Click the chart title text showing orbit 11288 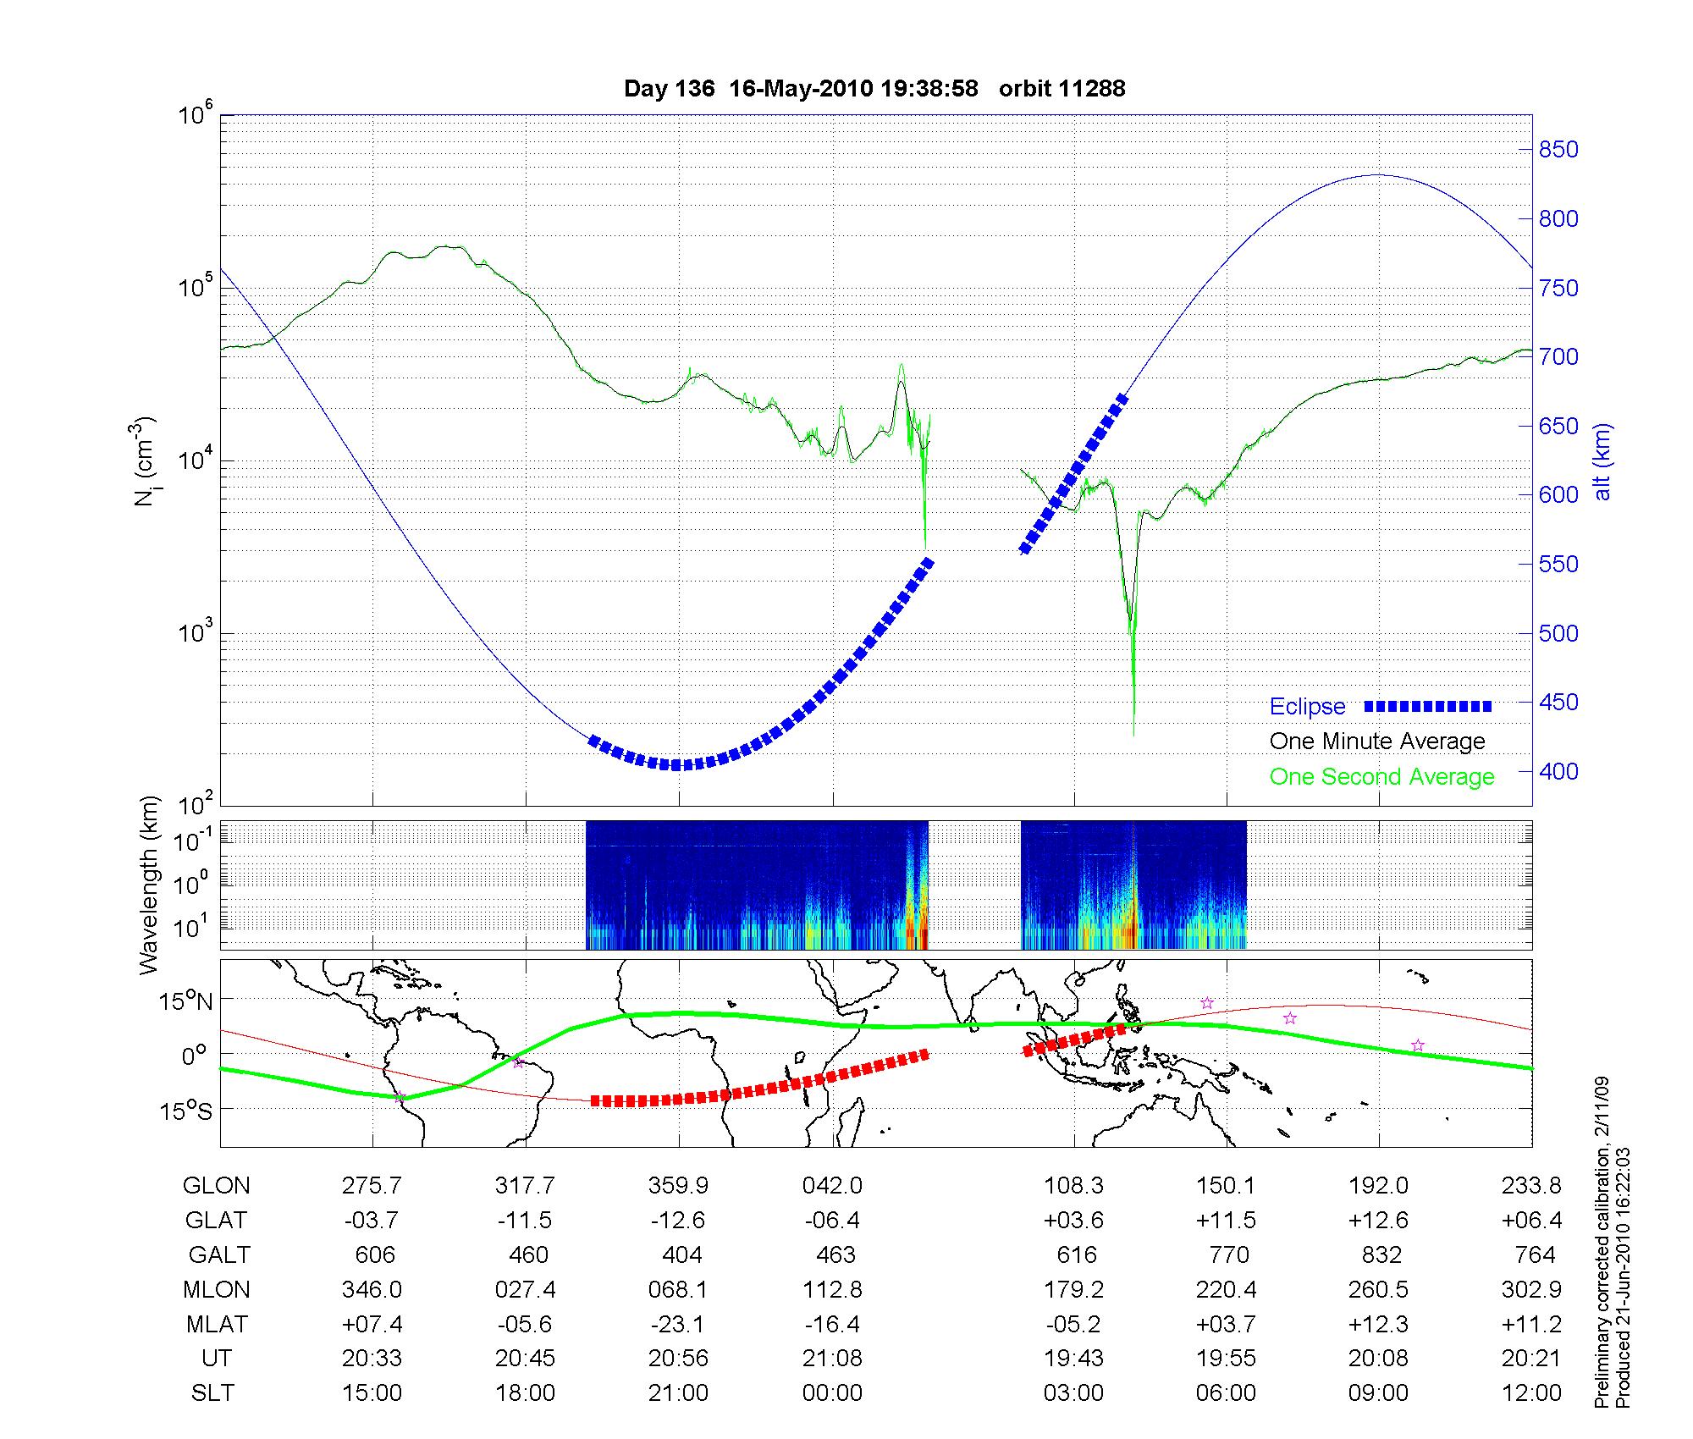pyautogui.click(x=874, y=89)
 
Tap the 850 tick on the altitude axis pyautogui.click(x=1558, y=150)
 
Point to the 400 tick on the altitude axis pyautogui.click(x=1558, y=772)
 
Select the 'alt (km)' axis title pyautogui.click(x=1602, y=461)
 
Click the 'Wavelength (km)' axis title pyautogui.click(x=150, y=885)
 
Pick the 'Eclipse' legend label pyautogui.click(x=1307, y=707)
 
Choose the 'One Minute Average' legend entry pyautogui.click(x=1377, y=742)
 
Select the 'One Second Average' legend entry pyautogui.click(x=1381, y=777)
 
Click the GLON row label pyautogui.click(x=217, y=1186)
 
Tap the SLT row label pyautogui.click(x=212, y=1393)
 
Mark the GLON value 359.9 pyautogui.click(x=678, y=1186)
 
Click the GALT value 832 pyautogui.click(x=1381, y=1254)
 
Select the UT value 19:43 pyautogui.click(x=1074, y=1359)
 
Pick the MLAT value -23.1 pyautogui.click(x=678, y=1324)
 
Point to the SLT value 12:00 pyautogui.click(x=1533, y=1393)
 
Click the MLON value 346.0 pyautogui.click(x=372, y=1289)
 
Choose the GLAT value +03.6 pyautogui.click(x=1074, y=1221)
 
